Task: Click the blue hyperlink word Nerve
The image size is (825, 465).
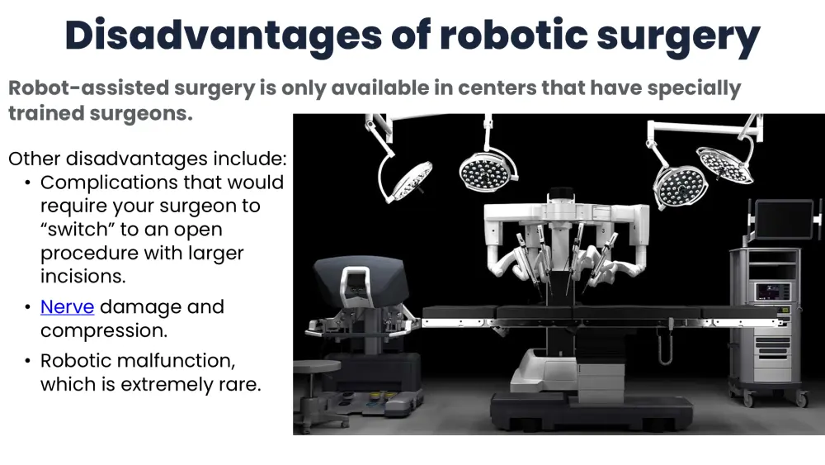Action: pyautogui.click(x=68, y=307)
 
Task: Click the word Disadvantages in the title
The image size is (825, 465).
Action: pyautogui.click(x=224, y=36)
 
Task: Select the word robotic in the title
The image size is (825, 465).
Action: pyautogui.click(x=513, y=35)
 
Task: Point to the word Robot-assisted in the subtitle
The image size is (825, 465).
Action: pyautogui.click(x=88, y=88)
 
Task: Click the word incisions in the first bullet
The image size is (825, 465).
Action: pyautogui.click(x=82, y=276)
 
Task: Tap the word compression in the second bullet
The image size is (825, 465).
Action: pyautogui.click(x=104, y=330)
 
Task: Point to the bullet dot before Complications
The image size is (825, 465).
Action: pyautogui.click(x=27, y=183)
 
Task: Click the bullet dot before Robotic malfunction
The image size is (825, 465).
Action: pyautogui.click(x=27, y=361)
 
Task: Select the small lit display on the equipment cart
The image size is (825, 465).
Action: pyautogui.click(x=773, y=292)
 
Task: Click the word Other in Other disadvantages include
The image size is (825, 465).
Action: pyautogui.click(x=34, y=159)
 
